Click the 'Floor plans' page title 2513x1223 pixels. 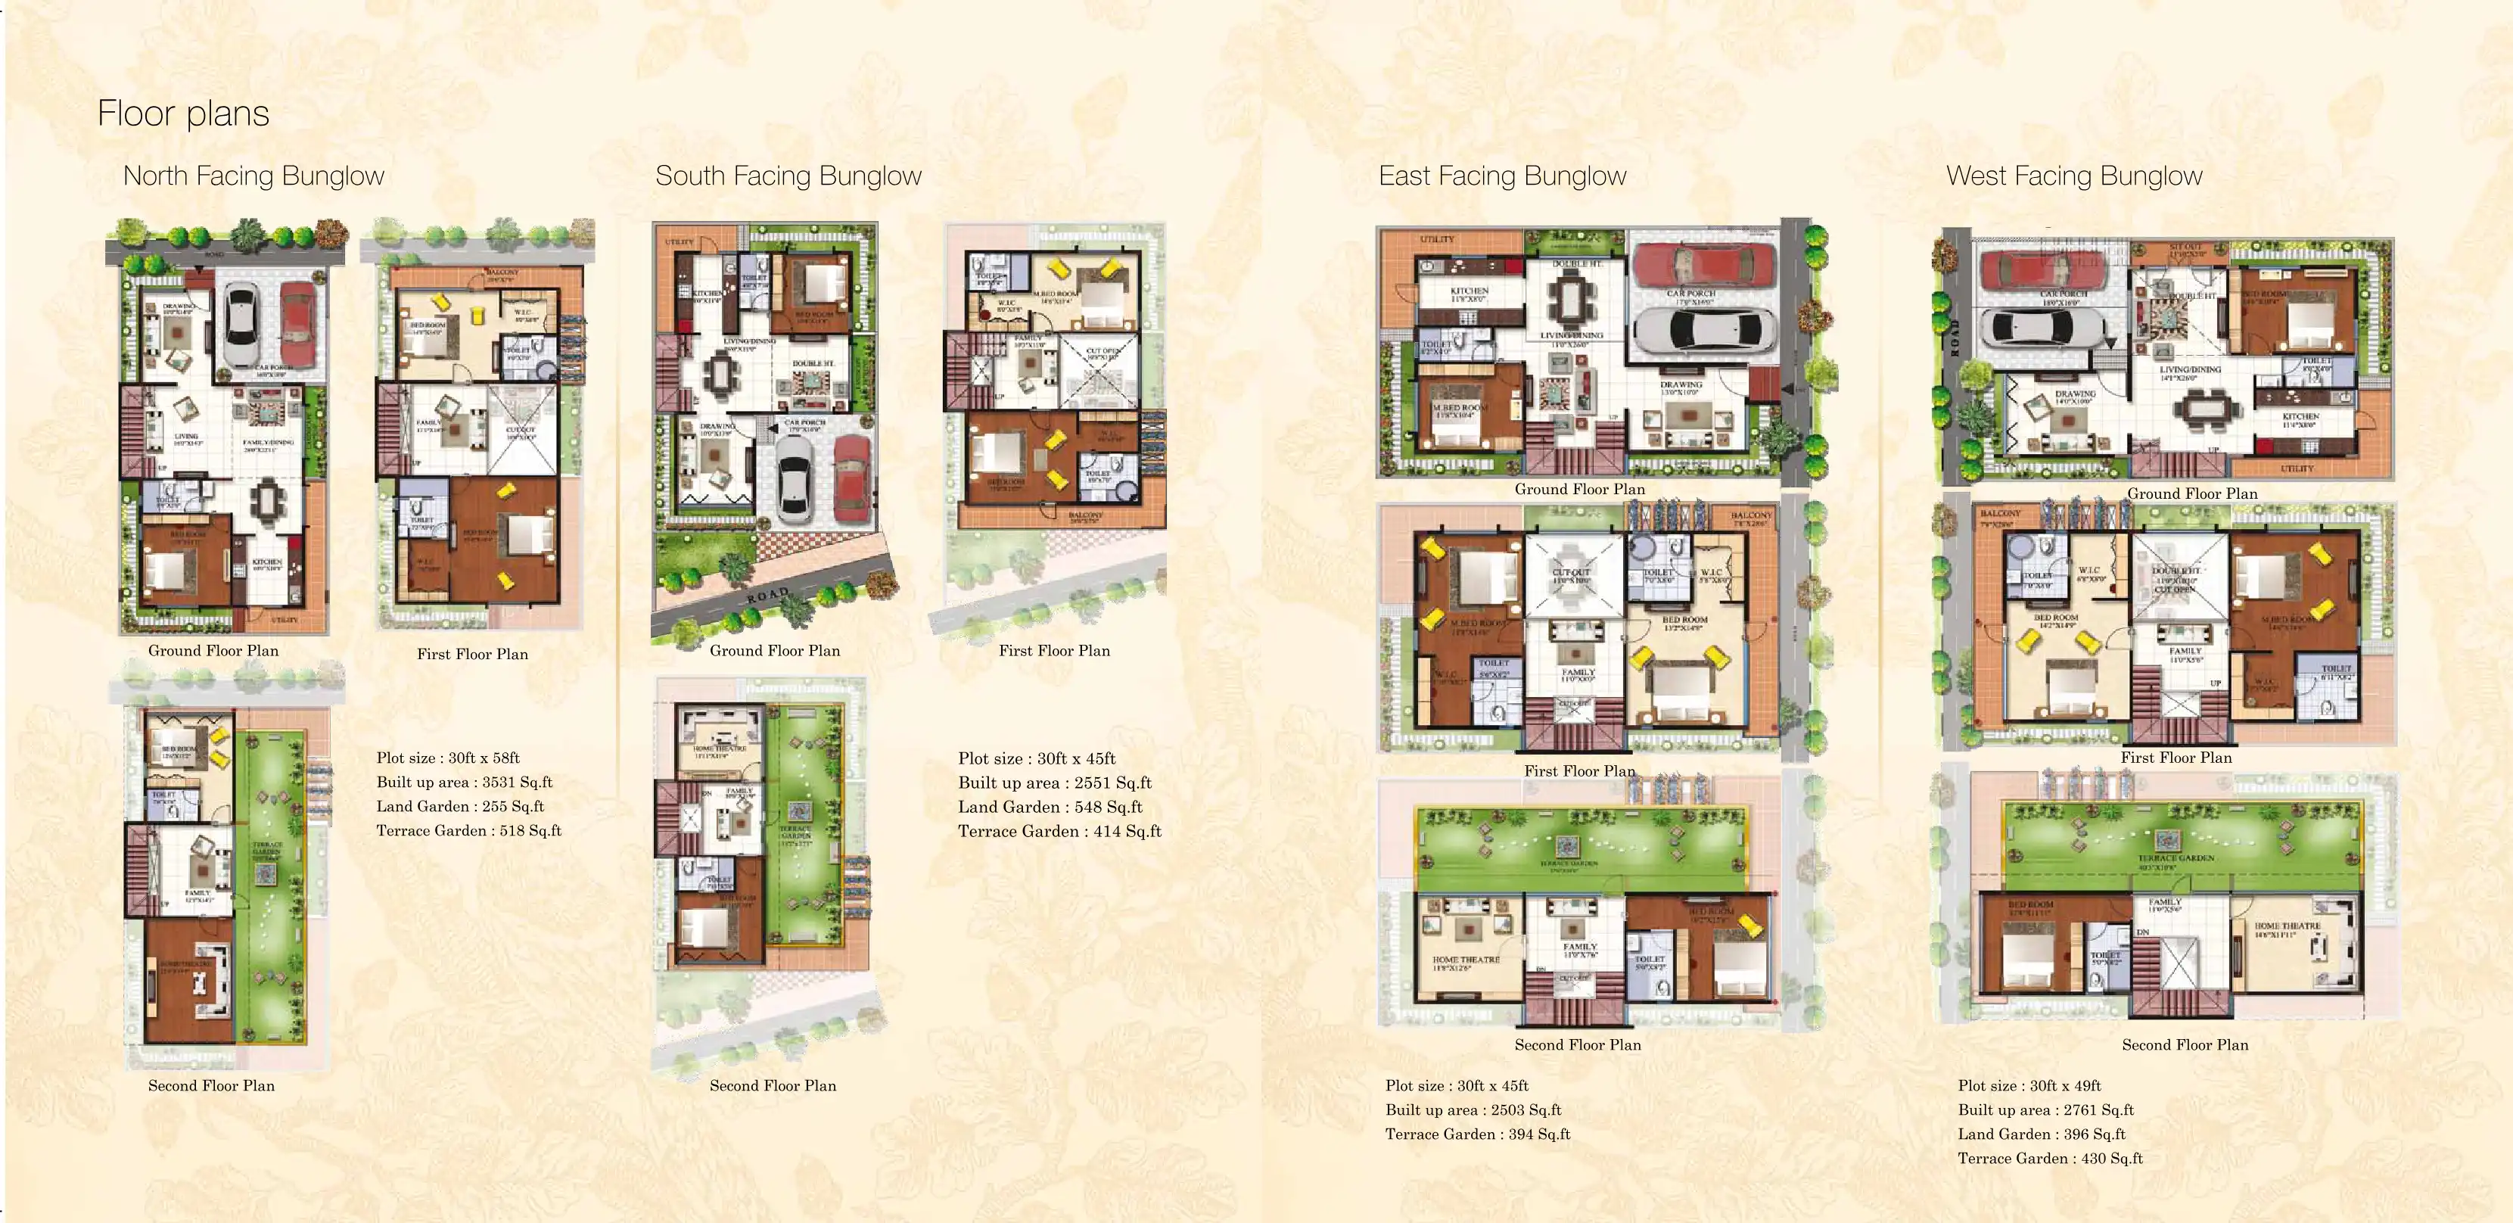tap(183, 114)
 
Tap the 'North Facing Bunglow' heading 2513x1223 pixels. tap(253, 176)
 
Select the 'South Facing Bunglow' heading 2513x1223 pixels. tap(788, 176)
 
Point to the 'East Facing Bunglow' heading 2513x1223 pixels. tap(1502, 176)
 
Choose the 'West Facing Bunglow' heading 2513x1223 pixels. tap(2074, 176)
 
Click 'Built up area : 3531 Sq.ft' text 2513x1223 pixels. tap(465, 782)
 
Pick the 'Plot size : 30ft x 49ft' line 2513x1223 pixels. tap(2029, 1085)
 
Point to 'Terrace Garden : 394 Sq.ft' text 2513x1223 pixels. tap(1478, 1134)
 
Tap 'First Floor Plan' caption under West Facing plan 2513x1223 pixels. tap(2176, 758)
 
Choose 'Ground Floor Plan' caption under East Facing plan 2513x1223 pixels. tap(1579, 489)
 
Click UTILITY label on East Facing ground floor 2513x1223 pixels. tap(1437, 239)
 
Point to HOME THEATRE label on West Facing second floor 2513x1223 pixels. tap(2287, 926)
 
